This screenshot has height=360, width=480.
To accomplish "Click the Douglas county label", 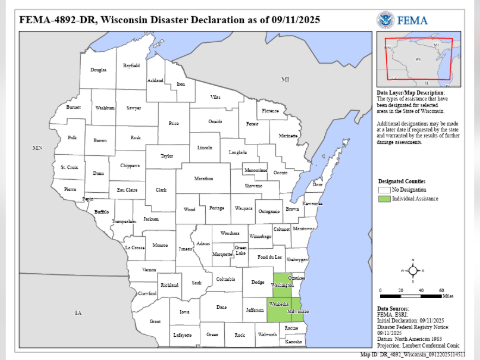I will pyautogui.click(x=97, y=70).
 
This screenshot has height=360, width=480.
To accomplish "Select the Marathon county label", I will pyautogui.click(x=204, y=177).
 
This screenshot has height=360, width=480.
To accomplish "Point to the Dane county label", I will pyautogui.click(x=222, y=306).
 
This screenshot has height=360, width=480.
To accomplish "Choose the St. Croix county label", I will pyautogui.click(x=69, y=167).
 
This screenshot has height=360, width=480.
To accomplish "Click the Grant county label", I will pyautogui.click(x=155, y=321).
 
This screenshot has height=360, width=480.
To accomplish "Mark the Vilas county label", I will pyautogui.click(x=214, y=96).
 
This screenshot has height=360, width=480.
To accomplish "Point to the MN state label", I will pyautogui.click(x=37, y=148).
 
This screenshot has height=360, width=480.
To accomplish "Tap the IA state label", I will pyautogui.click(x=76, y=312).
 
